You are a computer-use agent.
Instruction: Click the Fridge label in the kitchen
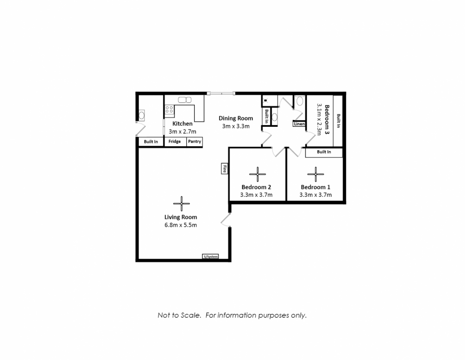point(174,141)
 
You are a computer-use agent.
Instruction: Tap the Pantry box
point(194,141)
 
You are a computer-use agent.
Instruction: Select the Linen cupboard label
point(299,124)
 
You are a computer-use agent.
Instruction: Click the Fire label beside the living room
point(224,169)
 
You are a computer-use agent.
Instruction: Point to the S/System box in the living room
point(211,256)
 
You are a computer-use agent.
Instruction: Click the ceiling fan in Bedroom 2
point(257,174)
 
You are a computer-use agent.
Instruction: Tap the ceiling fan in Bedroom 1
point(316,174)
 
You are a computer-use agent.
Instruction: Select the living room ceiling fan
point(182,204)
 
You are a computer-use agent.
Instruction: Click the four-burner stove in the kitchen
point(169,110)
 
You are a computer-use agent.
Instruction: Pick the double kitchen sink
point(185,100)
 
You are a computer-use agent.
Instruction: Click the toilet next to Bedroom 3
point(300,100)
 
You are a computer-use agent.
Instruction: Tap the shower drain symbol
point(265,100)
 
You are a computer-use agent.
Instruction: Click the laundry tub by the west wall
point(142,115)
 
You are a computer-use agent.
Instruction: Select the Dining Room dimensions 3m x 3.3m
point(236,126)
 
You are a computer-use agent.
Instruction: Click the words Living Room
point(181,217)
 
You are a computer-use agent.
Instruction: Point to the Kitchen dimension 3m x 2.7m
point(183,131)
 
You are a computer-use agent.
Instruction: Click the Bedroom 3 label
point(327,119)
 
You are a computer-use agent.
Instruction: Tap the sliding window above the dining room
point(221,94)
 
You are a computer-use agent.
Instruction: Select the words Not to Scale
point(179,315)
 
